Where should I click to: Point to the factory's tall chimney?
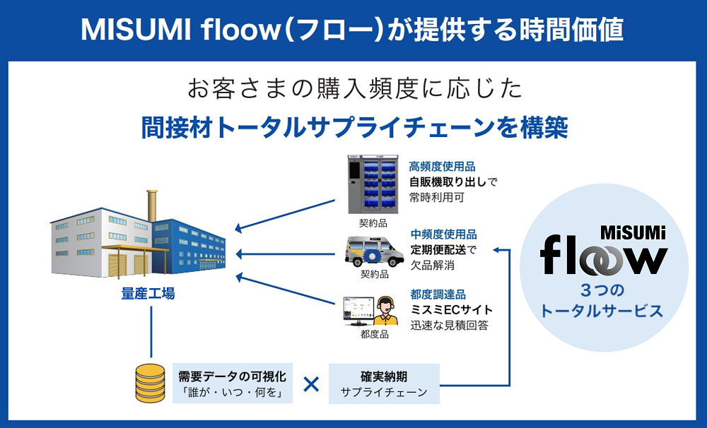point(151,206)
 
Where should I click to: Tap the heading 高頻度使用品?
point(442,167)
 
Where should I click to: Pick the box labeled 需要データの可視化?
point(233,384)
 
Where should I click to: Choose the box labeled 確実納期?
point(384,384)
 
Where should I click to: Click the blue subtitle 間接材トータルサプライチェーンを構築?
point(353,127)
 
